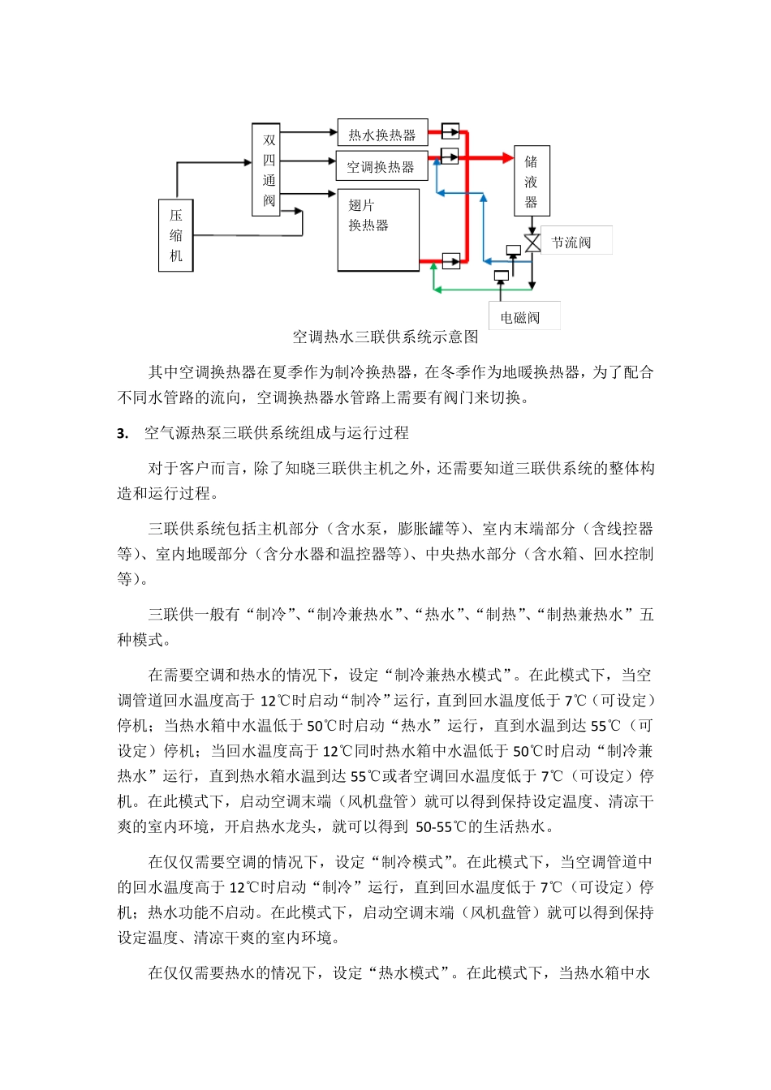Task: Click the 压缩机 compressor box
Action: click(x=175, y=235)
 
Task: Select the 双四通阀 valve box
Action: click(x=268, y=170)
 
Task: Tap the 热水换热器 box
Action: click(x=381, y=134)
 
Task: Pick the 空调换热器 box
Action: click(x=381, y=166)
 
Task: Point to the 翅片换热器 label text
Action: click(x=368, y=215)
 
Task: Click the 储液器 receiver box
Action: click(x=532, y=181)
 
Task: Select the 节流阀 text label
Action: click(x=571, y=242)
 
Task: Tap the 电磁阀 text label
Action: click(x=520, y=317)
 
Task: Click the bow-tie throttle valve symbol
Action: click(x=532, y=242)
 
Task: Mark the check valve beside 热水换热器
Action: click(x=450, y=131)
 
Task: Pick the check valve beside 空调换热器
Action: click(x=450, y=155)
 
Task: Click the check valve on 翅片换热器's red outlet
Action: click(x=450, y=261)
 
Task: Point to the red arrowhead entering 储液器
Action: click(x=508, y=157)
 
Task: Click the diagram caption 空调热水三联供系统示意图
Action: click(x=385, y=337)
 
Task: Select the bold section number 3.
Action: click(x=123, y=433)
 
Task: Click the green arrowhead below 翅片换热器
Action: click(x=436, y=288)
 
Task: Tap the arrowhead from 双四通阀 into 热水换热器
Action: click(x=332, y=131)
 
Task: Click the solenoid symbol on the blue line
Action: click(x=513, y=251)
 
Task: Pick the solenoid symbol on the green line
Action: click(x=501, y=276)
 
